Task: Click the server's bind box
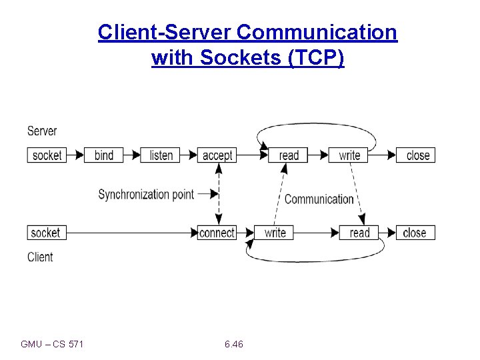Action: point(104,155)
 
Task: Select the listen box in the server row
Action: point(161,155)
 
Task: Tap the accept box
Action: point(217,155)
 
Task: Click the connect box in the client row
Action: point(217,233)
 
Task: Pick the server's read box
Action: point(289,155)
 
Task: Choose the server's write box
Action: point(349,155)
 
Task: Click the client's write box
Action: point(275,233)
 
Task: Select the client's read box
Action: point(359,233)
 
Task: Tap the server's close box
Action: point(417,155)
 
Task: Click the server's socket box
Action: point(47,155)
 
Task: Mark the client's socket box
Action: point(46,233)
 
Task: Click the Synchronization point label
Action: point(146,195)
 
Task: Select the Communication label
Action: point(319,199)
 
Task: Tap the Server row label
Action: point(42,131)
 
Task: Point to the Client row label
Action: point(40,257)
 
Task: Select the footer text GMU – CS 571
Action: point(52,344)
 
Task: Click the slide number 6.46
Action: point(234,344)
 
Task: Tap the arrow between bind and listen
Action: point(132,155)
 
